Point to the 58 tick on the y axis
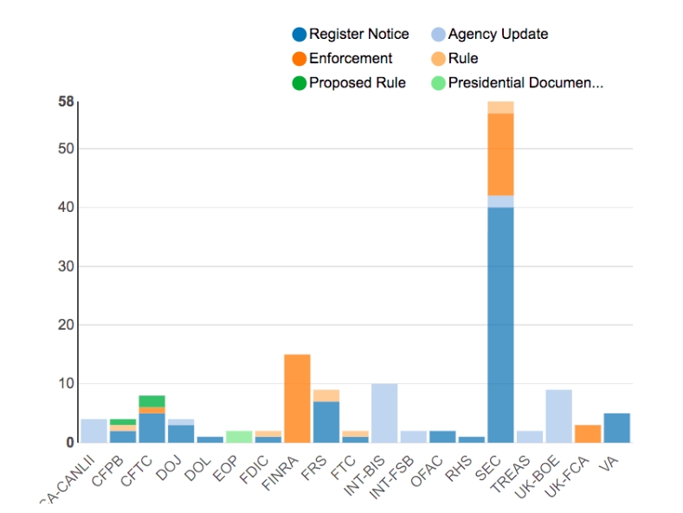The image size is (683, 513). (x=66, y=102)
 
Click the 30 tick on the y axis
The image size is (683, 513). (x=66, y=266)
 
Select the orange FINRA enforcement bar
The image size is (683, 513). (x=297, y=398)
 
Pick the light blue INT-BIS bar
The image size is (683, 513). (x=384, y=413)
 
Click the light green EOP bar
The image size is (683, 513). (x=239, y=436)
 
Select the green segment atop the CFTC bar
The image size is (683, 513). (x=151, y=401)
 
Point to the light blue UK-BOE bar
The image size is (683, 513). (x=558, y=416)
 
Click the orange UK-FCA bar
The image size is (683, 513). (x=588, y=433)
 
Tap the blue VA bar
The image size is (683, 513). (x=616, y=427)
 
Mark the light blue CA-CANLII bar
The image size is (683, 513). (x=93, y=431)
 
